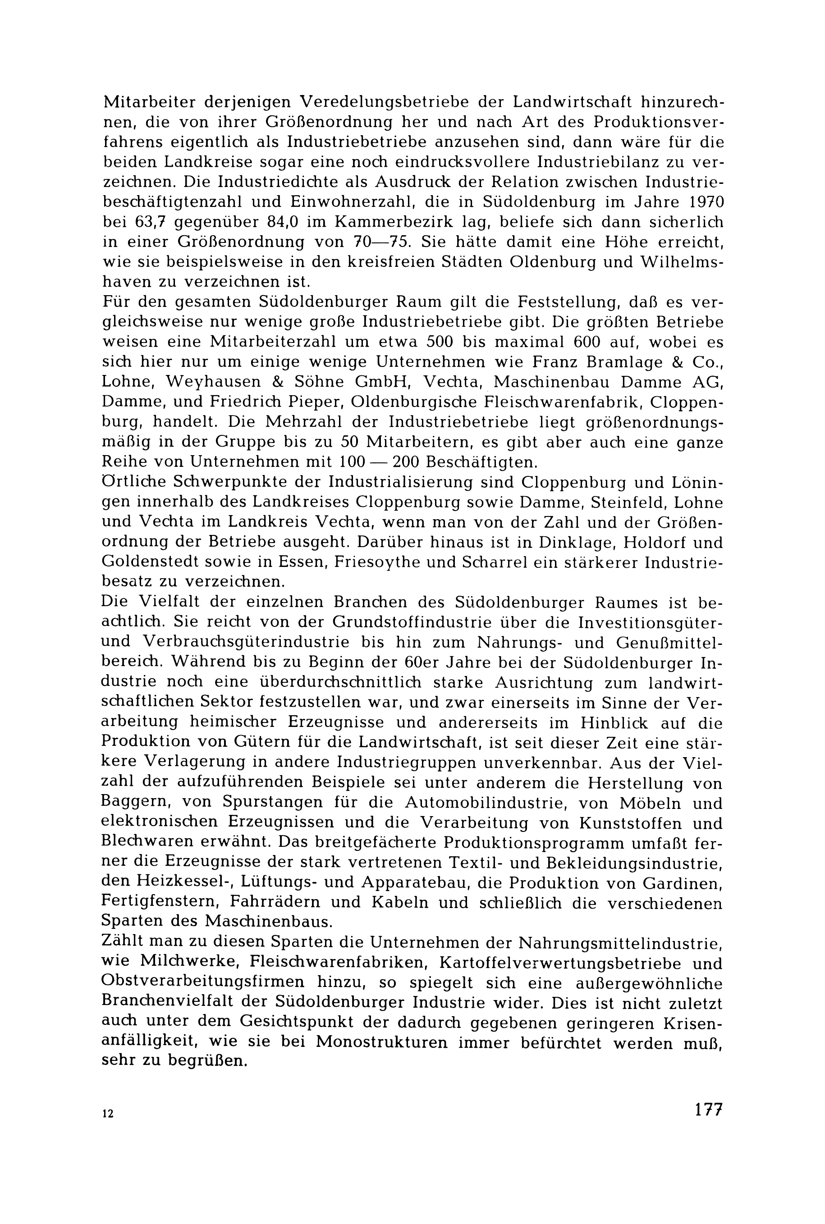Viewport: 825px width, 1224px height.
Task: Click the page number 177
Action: click(709, 1110)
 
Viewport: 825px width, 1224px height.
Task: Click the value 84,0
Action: click(283, 222)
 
